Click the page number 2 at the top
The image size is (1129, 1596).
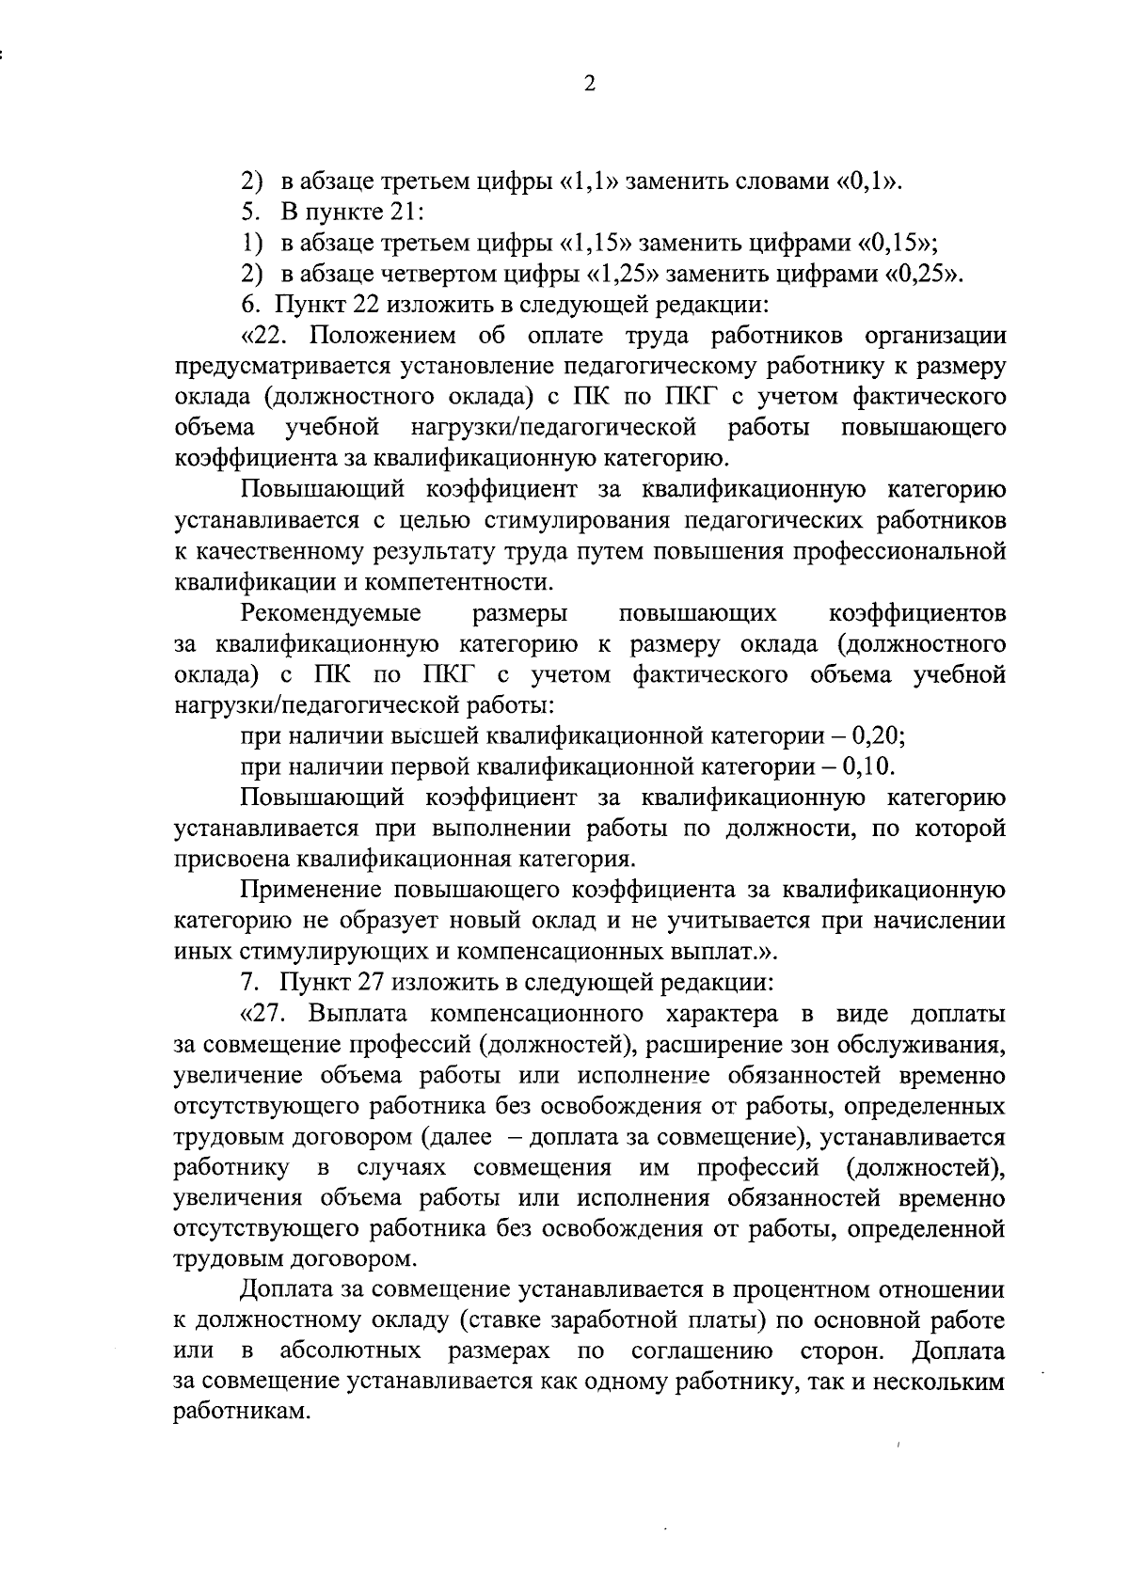(x=590, y=85)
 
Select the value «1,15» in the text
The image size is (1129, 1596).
(x=598, y=244)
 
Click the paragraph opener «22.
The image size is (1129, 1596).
(x=269, y=336)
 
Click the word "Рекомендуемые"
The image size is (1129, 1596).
(x=331, y=613)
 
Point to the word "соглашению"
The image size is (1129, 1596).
(x=702, y=1352)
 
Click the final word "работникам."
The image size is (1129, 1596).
(x=242, y=1414)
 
